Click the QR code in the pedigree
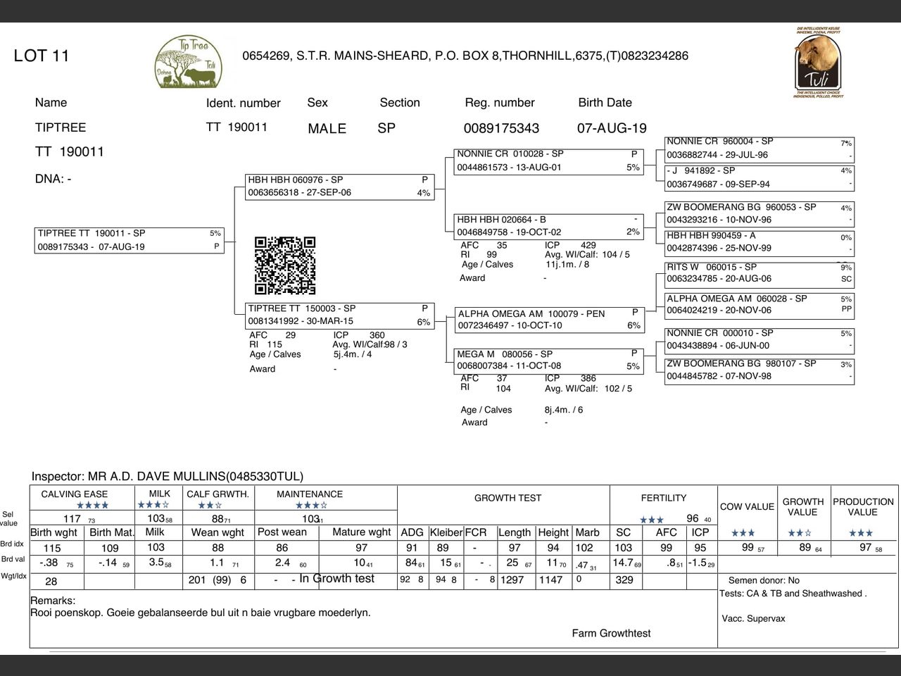[x=285, y=265]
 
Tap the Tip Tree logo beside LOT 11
[x=188, y=62]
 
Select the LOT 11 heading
[x=42, y=56]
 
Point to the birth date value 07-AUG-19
[x=612, y=128]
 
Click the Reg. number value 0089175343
[x=501, y=128]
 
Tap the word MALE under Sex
[x=327, y=128]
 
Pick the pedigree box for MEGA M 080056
[x=549, y=360]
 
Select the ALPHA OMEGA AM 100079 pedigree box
[x=549, y=319]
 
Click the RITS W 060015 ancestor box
[x=759, y=273]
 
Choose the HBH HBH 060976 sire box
[x=339, y=187]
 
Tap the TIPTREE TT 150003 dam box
[x=339, y=315]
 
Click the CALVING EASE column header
[x=75, y=494]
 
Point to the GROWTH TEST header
[x=508, y=498]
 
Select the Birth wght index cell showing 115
[x=52, y=548]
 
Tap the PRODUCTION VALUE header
[x=863, y=506]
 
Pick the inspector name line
[x=168, y=477]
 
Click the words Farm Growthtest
[x=611, y=633]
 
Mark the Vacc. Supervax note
[x=753, y=618]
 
